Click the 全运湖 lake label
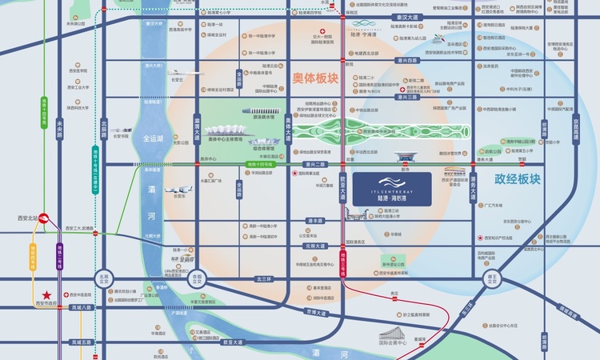(x=153, y=138)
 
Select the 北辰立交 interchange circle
(x=102, y=279)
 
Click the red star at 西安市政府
(x=47, y=294)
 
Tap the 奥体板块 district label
(x=315, y=79)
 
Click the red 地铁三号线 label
(x=342, y=268)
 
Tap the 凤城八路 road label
(x=82, y=307)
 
